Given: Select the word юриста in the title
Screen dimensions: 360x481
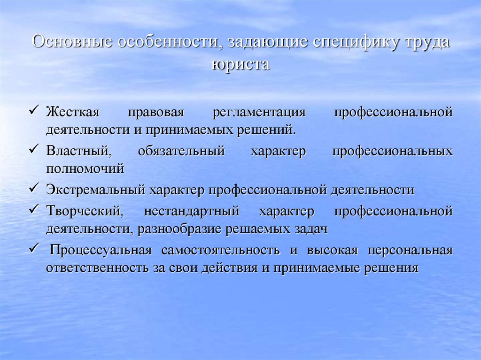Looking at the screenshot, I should tap(240, 64).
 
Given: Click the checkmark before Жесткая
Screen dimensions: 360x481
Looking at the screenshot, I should tap(33, 112).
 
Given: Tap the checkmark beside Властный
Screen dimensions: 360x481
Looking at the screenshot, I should tap(33, 151).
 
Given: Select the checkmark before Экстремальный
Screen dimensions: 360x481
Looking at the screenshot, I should tap(33, 189).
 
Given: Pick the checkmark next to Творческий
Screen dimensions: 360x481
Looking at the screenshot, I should tap(33, 211).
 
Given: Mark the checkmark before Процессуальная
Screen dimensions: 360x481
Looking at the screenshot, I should tap(33, 249).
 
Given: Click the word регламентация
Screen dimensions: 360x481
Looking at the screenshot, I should tap(259, 113).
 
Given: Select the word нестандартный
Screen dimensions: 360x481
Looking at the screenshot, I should tap(192, 212).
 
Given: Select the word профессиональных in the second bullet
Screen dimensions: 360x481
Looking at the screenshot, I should tap(393, 152).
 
